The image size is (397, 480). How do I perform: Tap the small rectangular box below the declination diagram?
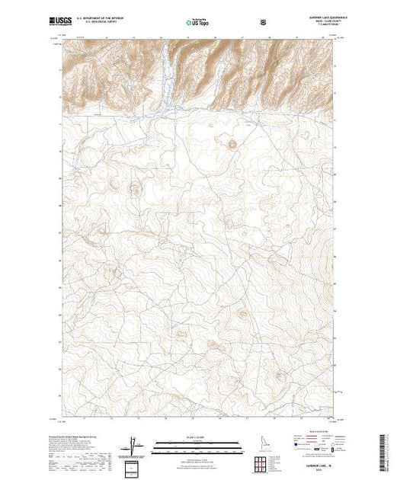click(134, 466)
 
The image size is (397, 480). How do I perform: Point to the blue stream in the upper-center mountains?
click(173, 76)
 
